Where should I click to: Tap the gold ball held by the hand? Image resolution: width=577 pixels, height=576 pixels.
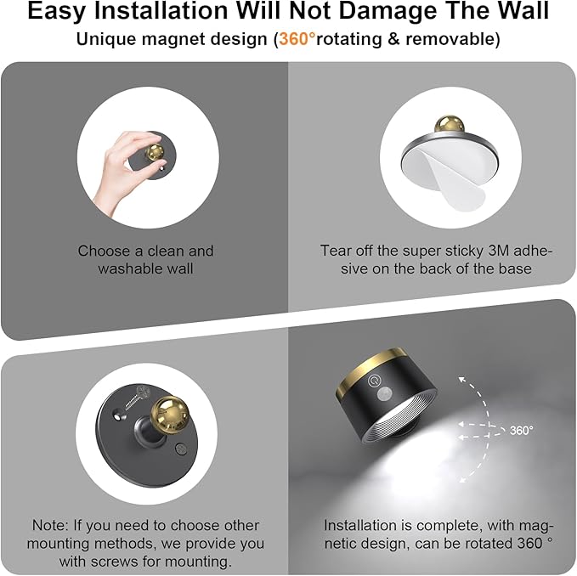click(x=156, y=151)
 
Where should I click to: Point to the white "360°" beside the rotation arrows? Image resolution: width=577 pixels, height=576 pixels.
click(x=521, y=431)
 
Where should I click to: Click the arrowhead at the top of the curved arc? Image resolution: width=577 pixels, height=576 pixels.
click(x=462, y=380)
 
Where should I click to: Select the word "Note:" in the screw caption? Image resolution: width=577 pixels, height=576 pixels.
click(x=50, y=526)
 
